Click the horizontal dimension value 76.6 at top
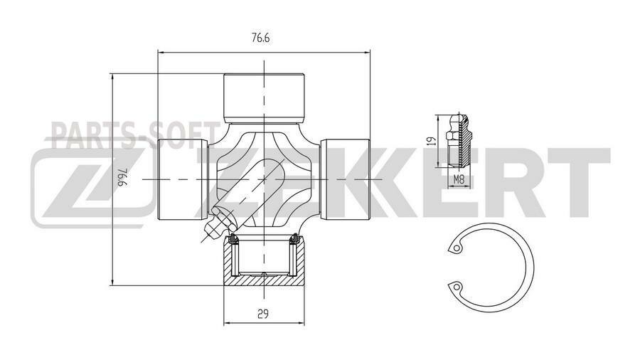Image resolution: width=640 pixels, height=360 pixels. point(260,40)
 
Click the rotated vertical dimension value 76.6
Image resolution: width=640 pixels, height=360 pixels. point(123,178)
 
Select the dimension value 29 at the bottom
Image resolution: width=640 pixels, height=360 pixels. point(263,313)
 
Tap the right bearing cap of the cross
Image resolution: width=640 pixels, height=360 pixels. point(346,178)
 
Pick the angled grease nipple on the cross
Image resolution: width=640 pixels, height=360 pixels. point(215,221)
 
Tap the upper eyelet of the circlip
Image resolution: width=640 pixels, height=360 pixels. point(454,248)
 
